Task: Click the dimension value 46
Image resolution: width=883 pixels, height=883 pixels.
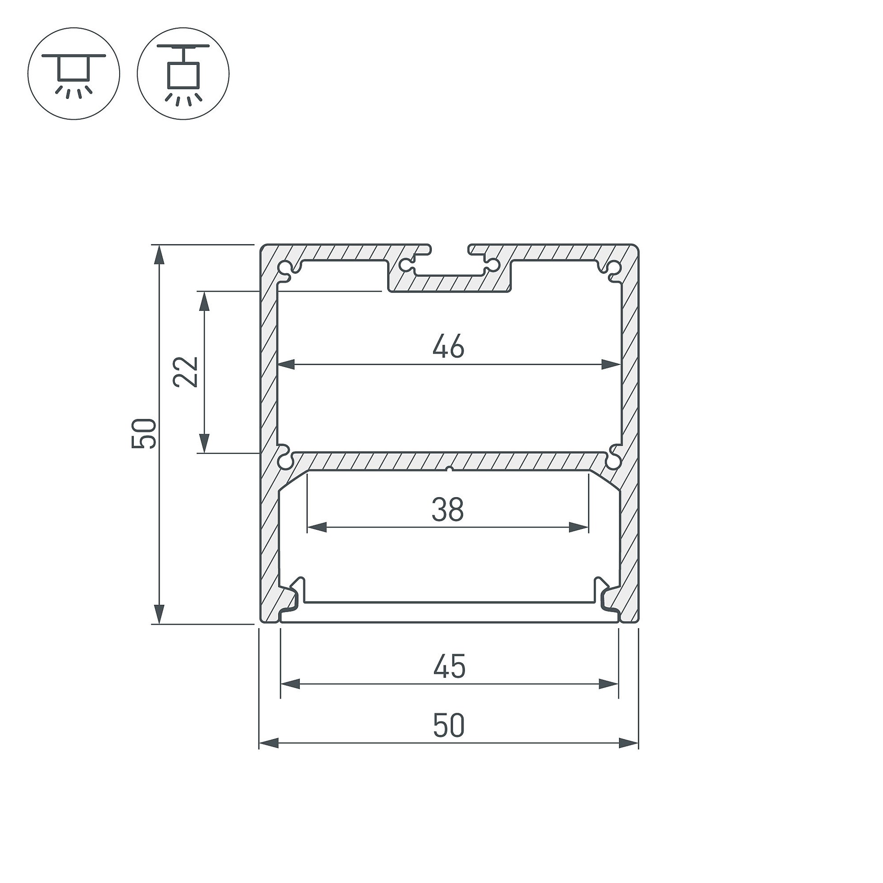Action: [448, 347]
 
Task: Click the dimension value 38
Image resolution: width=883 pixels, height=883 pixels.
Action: [447, 510]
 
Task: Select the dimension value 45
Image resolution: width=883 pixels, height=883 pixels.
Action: [449, 666]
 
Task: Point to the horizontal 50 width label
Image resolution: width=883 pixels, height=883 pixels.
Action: [449, 726]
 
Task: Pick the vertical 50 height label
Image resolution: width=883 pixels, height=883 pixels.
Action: [144, 433]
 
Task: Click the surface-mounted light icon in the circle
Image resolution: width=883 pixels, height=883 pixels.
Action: [74, 74]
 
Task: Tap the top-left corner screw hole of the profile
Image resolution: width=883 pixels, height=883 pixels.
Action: [286, 268]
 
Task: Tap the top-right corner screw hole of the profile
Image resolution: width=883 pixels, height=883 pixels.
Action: [614, 267]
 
